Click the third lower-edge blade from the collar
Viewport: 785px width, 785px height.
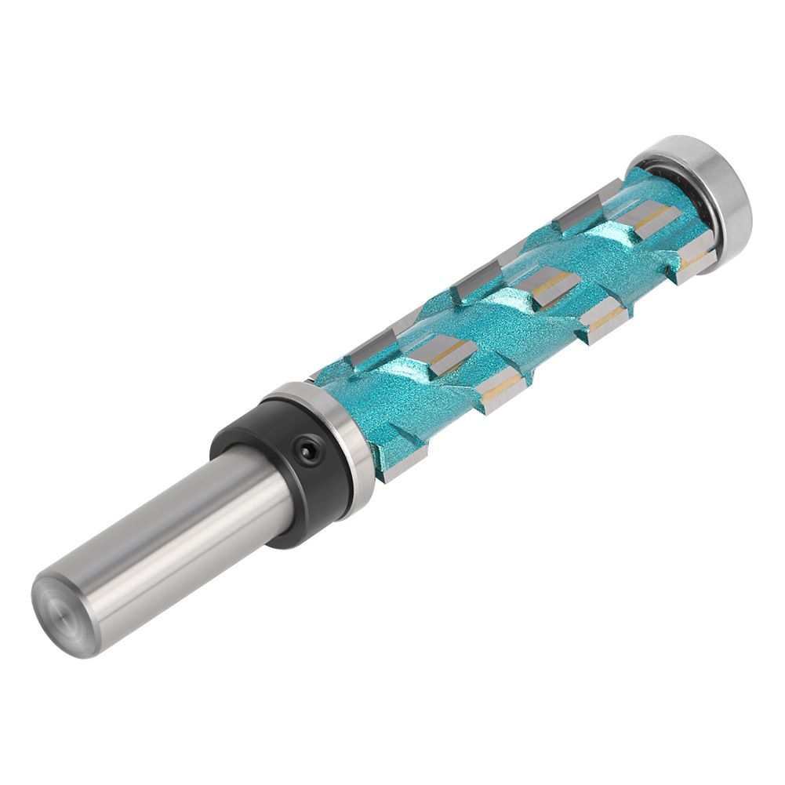point(604,321)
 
